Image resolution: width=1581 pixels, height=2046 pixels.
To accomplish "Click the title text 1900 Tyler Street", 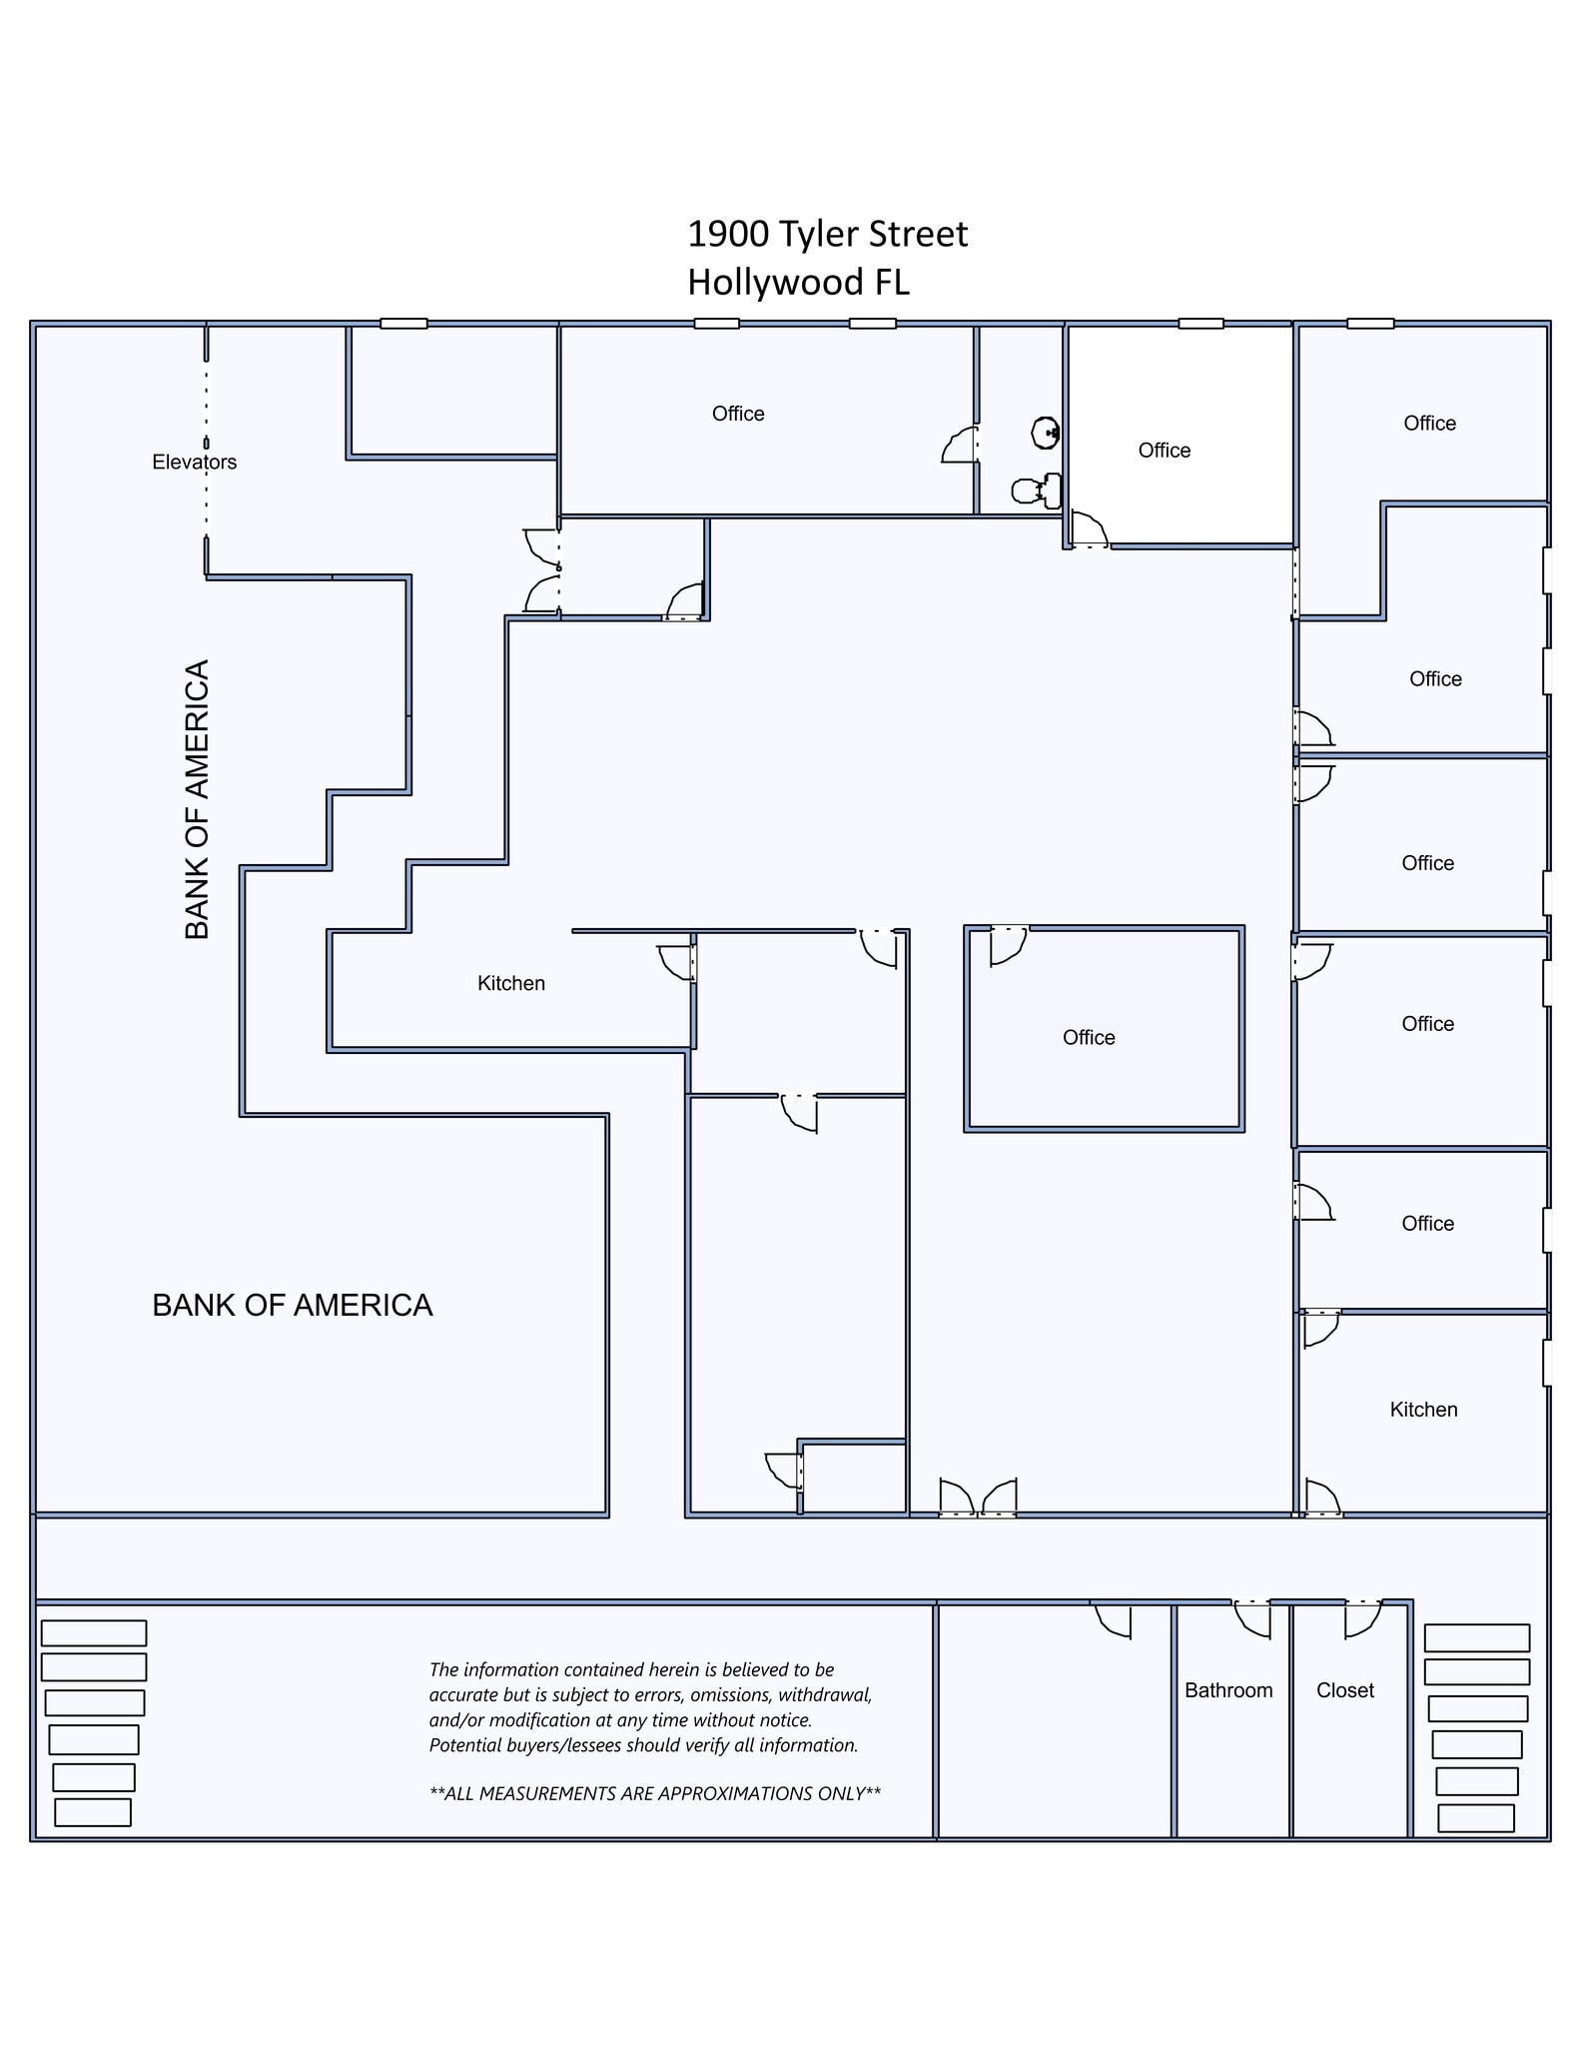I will pyautogui.click(x=827, y=235).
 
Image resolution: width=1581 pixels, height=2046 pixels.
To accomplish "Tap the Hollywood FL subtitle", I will pyautogui.click(x=798, y=283).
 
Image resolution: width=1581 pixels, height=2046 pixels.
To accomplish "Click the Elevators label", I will pyautogui.click(x=194, y=462).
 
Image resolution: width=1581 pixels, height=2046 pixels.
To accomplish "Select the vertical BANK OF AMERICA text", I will pyautogui.click(x=197, y=799).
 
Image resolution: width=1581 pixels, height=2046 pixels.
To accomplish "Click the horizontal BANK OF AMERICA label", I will pyautogui.click(x=292, y=1305).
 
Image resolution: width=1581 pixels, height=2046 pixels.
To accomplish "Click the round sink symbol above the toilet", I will pyautogui.click(x=1045, y=433).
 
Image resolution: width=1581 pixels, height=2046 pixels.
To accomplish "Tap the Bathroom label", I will pyautogui.click(x=1228, y=1690).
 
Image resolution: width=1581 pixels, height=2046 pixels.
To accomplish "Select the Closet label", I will pyautogui.click(x=1344, y=1690).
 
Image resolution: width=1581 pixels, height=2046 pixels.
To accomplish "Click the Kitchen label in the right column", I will pyautogui.click(x=1423, y=1410).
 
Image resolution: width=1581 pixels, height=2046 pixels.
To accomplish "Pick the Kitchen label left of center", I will pyautogui.click(x=510, y=983).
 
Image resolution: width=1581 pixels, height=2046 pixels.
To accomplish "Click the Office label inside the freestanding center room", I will pyautogui.click(x=1089, y=1037).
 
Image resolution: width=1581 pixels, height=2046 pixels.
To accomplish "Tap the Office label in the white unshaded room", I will pyautogui.click(x=1164, y=451).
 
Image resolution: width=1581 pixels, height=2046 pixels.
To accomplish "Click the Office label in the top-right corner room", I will pyautogui.click(x=1429, y=424).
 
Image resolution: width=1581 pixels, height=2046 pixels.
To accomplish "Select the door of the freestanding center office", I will pyautogui.click(x=1008, y=945).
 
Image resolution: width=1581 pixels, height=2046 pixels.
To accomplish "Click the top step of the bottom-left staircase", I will pyautogui.click(x=94, y=1632).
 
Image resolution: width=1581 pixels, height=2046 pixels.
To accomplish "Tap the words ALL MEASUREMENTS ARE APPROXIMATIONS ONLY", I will pyautogui.click(x=655, y=1793).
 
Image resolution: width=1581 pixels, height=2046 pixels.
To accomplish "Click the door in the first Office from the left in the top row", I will pyautogui.click(x=961, y=446).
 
